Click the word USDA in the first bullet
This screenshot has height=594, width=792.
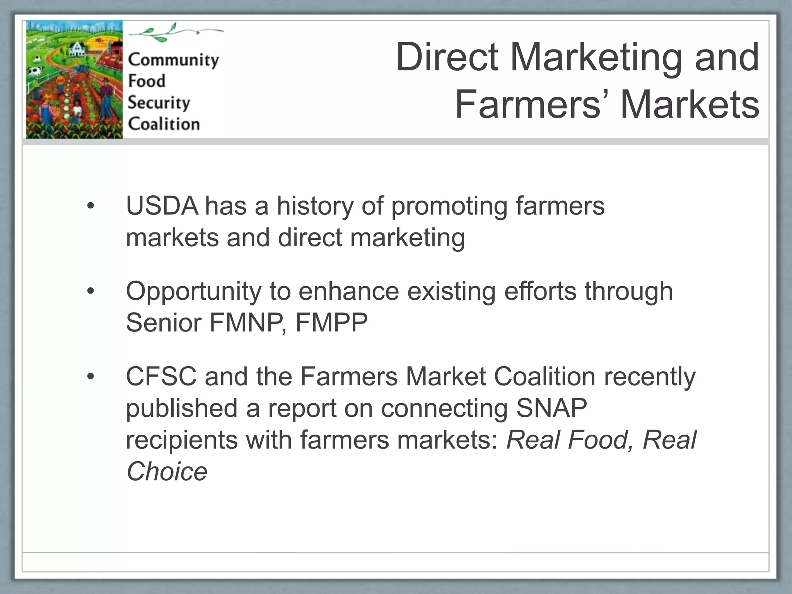tap(162, 206)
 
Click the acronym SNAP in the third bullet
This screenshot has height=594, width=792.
tap(551, 408)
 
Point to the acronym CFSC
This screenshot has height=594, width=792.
tap(161, 377)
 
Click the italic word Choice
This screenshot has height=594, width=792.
tap(167, 472)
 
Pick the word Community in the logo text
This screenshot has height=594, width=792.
tap(173, 60)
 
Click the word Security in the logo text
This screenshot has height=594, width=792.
tap(159, 103)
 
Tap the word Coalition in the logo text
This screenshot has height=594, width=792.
tap(164, 124)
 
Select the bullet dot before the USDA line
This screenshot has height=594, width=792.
tap(90, 206)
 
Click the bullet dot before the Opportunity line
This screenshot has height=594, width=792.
tap(90, 291)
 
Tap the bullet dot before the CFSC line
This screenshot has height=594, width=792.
tap(90, 377)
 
